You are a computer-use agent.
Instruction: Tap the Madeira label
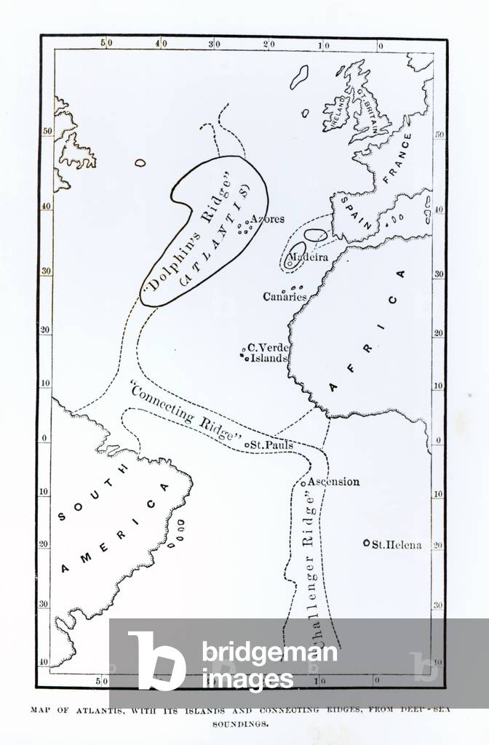pyautogui.click(x=308, y=258)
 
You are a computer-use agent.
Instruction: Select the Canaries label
pyautogui.click(x=285, y=297)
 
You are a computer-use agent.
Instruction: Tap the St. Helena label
pyautogui.click(x=397, y=544)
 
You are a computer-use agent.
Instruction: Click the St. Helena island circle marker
pyautogui.click(x=367, y=543)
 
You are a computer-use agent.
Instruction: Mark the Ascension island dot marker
pyautogui.click(x=303, y=482)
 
